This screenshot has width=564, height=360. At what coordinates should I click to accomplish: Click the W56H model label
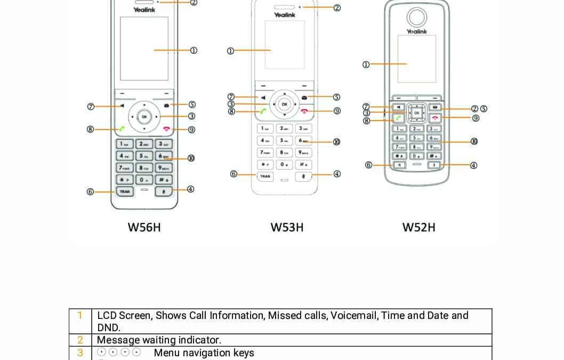click(144, 227)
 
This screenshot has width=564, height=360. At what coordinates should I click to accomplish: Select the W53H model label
click(287, 227)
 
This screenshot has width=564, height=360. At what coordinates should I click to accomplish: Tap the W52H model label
click(418, 227)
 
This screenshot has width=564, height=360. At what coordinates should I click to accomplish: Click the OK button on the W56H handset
click(143, 116)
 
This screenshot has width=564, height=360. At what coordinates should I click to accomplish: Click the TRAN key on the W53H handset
click(265, 176)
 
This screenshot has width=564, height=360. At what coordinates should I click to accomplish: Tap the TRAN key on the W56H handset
click(125, 191)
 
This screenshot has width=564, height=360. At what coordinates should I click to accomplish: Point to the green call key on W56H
click(122, 129)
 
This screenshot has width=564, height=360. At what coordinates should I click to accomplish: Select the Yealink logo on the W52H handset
click(417, 31)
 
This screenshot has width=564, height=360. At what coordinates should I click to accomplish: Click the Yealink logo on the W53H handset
click(285, 15)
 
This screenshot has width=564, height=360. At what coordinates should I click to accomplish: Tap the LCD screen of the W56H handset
click(144, 49)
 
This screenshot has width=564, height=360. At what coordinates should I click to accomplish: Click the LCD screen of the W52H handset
click(417, 59)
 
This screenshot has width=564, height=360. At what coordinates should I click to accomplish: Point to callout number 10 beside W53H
click(336, 142)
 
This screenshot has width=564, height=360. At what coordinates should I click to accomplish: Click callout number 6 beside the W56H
click(90, 191)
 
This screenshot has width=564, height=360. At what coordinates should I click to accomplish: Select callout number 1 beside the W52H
click(366, 65)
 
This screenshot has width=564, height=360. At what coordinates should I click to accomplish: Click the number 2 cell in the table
click(80, 340)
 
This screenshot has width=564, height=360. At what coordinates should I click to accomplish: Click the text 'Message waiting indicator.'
click(159, 340)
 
